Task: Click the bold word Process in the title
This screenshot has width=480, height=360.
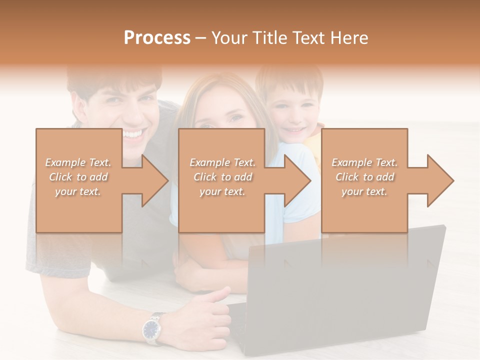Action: (157, 38)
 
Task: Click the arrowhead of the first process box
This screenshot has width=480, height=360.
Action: (155, 180)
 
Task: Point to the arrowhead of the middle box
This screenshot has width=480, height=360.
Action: (298, 180)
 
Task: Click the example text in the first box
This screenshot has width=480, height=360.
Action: (78, 176)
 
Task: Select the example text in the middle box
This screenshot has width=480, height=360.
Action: (222, 176)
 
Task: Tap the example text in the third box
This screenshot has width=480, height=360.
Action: (364, 176)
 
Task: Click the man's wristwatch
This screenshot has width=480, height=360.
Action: (152, 329)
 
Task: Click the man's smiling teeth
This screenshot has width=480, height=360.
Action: (133, 134)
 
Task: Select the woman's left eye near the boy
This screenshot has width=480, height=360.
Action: (235, 118)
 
